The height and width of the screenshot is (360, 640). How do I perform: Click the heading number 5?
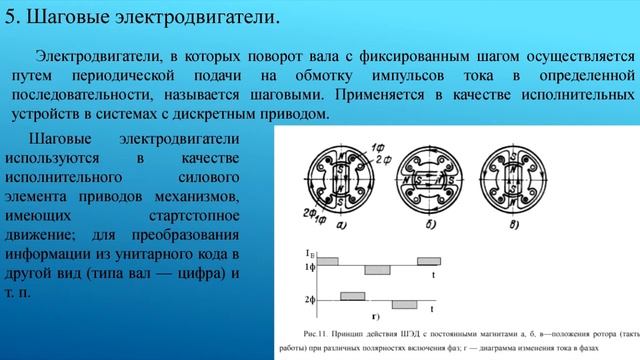click(x=11, y=17)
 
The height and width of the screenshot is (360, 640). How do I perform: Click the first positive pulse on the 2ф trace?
click(x=352, y=295)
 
